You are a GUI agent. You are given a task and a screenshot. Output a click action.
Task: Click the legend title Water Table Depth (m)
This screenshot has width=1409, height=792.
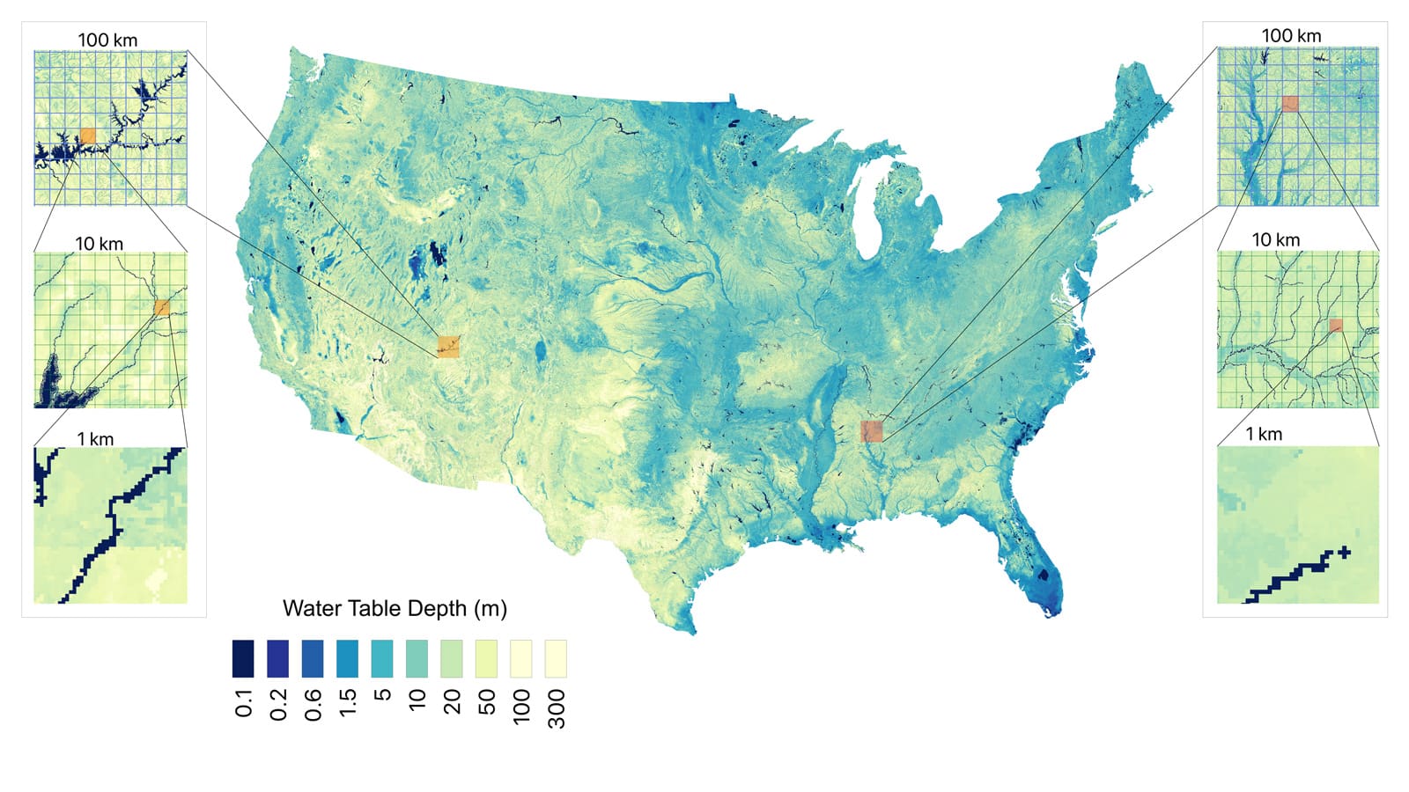(395, 609)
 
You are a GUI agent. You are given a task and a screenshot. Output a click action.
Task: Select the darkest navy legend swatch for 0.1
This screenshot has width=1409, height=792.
(243, 659)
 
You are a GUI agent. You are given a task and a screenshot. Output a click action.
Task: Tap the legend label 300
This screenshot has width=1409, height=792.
(557, 708)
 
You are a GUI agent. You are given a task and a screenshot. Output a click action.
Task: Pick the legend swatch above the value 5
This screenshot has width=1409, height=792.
(382, 659)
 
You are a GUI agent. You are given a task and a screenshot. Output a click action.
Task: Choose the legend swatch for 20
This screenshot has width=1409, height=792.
(452, 659)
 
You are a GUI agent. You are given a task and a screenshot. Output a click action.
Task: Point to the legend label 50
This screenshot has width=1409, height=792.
(487, 702)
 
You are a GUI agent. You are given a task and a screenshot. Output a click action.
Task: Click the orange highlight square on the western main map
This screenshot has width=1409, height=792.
(448, 347)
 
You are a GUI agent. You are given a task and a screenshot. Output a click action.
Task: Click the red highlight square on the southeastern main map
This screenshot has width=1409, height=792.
(871, 431)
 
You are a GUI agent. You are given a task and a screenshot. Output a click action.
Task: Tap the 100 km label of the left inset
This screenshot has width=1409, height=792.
(107, 40)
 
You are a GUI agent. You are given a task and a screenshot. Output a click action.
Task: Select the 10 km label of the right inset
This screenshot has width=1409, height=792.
(1276, 240)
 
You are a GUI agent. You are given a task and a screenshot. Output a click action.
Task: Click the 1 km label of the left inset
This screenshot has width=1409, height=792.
(95, 439)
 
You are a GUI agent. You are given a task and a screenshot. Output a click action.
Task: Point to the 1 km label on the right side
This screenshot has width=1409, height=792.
(1264, 435)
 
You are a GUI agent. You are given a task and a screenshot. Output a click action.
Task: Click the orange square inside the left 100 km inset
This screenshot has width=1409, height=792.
(87, 136)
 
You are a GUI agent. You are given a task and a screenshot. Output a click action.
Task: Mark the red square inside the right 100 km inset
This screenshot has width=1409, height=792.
(1290, 104)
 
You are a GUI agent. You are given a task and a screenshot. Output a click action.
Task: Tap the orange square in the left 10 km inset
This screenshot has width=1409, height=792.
(162, 307)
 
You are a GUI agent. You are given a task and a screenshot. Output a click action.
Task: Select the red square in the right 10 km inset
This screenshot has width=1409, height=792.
(1336, 326)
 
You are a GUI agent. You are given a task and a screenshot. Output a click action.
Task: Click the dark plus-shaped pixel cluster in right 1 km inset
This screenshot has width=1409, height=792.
(1343, 553)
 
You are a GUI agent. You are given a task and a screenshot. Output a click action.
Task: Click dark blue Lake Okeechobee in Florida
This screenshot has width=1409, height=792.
(1045, 576)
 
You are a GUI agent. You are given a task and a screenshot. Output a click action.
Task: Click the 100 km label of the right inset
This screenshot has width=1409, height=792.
(1291, 36)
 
